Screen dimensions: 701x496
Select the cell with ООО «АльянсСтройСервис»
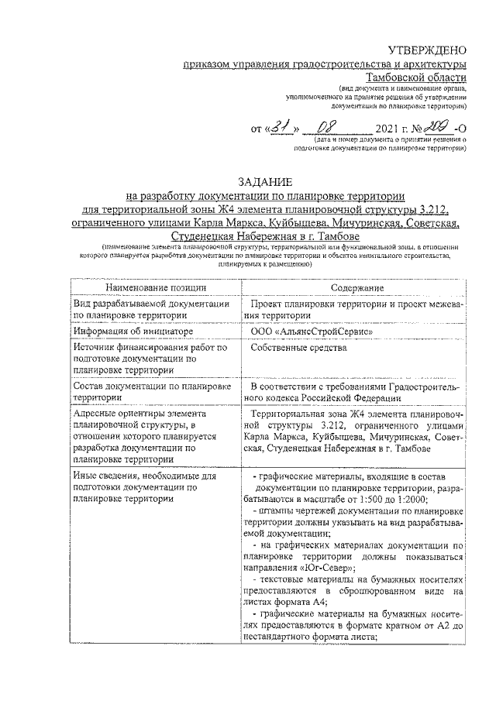[x=307, y=331]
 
